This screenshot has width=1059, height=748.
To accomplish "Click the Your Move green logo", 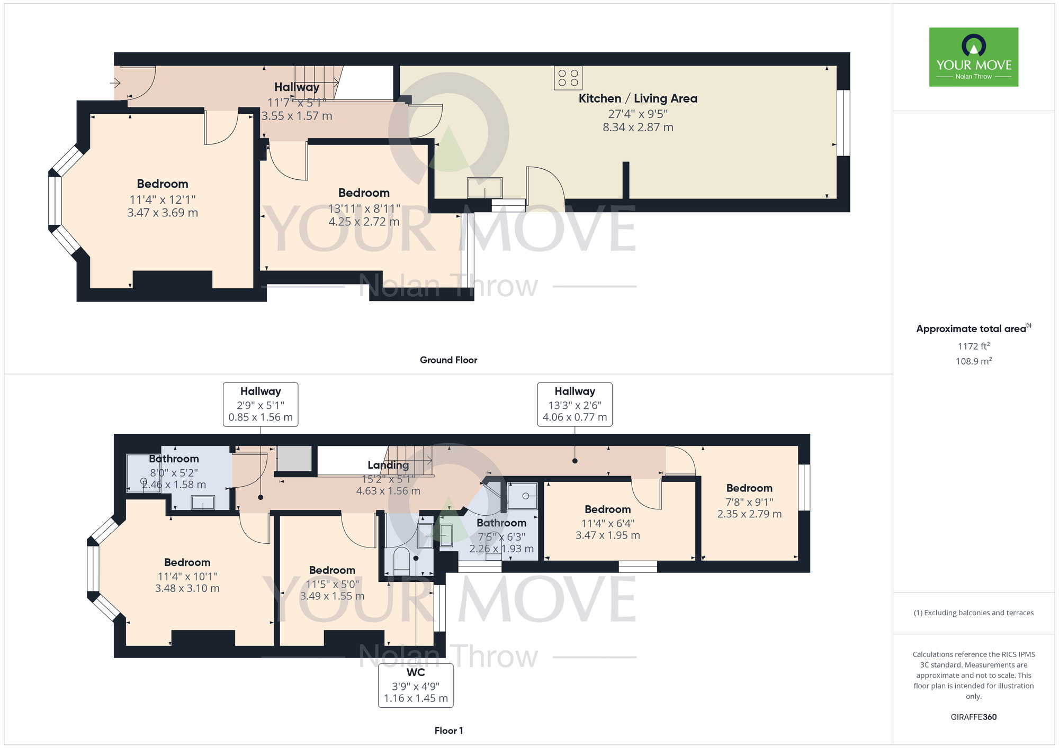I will pos(973,57).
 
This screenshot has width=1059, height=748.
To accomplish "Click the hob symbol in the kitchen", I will pos(568,78).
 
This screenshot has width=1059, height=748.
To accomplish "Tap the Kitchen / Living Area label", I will pos(638,98).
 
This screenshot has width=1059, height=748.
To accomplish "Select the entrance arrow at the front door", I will pos(115,83).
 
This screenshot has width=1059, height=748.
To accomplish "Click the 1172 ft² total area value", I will pos(973,346).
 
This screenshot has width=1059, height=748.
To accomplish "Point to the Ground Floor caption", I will pos(448,360).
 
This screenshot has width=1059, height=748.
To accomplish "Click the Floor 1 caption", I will pos(448,731).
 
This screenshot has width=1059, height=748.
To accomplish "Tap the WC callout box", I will pos(416,685).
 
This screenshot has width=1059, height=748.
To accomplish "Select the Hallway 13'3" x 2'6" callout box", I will pos(575,404).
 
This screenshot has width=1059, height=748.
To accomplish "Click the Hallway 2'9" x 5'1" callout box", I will pos(260,404).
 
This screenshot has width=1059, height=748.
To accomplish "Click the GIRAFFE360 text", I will pos(973,717).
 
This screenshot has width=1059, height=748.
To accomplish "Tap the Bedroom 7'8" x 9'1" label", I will pos(749,488).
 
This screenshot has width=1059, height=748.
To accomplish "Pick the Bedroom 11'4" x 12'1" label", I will pos(163,184).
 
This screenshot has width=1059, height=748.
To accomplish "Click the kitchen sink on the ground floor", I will pos(484,188).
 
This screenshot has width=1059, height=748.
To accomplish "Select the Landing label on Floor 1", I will pos(388,465).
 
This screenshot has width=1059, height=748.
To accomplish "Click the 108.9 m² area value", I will pos(973,361).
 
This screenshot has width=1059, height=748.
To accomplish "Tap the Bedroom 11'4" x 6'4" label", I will pos(607,509).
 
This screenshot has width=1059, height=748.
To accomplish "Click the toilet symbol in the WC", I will pos(402,560).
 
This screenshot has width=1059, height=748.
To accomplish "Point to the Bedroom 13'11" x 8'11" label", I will pos(364,193).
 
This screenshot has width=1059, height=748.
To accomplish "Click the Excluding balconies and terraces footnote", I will pos(973,613).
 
